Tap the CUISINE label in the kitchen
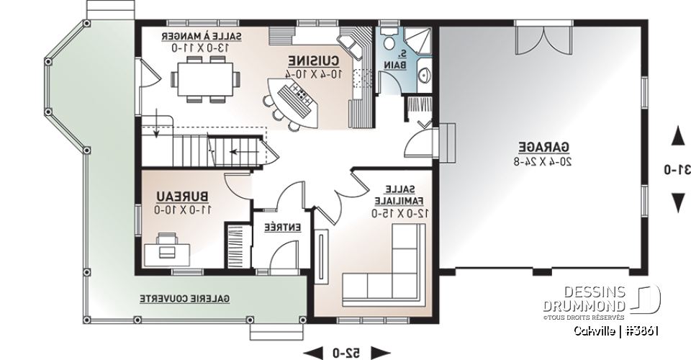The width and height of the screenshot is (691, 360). [x=315, y=60]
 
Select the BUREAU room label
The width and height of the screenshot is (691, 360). [x=184, y=196]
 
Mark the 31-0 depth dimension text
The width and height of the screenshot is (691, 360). [x=677, y=170]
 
